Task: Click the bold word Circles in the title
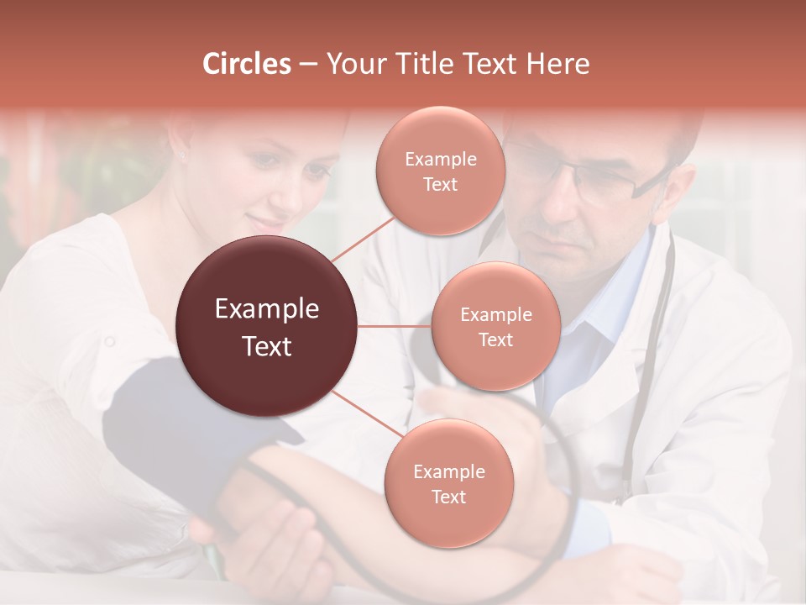click(246, 64)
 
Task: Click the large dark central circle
click(267, 326)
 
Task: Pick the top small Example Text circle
click(440, 171)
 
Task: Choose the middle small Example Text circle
click(495, 326)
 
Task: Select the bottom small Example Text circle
click(448, 483)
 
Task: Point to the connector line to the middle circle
click(395, 326)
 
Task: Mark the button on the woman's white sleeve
click(108, 341)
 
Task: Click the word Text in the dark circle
click(267, 346)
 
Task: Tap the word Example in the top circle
click(440, 160)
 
